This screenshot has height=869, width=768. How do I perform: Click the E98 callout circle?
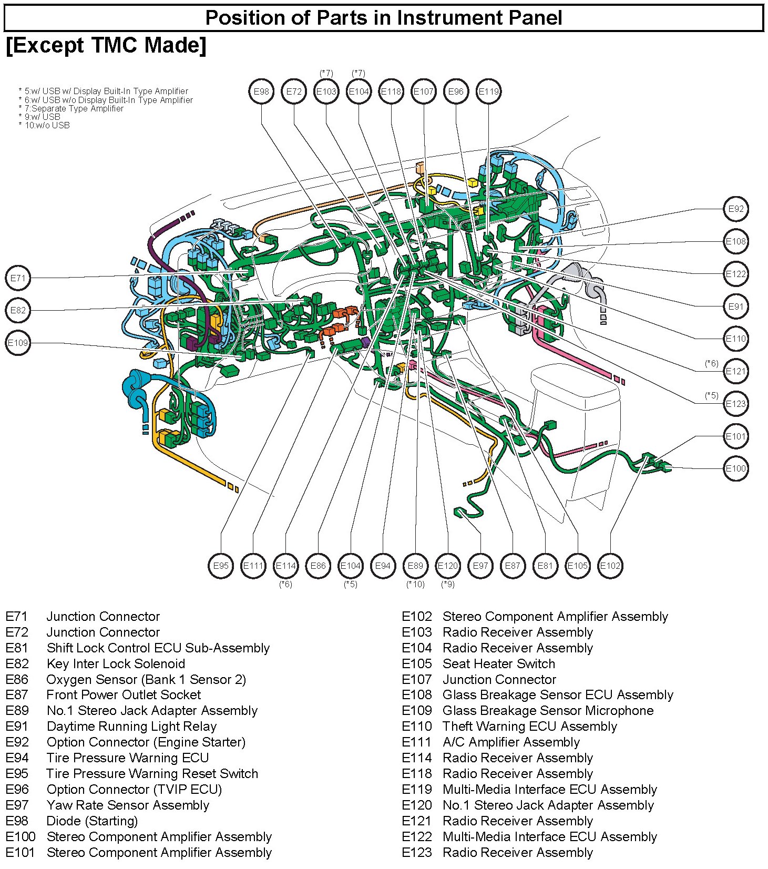click(261, 91)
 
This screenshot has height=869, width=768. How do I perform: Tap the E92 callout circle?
click(735, 209)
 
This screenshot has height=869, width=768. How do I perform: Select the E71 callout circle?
click(18, 278)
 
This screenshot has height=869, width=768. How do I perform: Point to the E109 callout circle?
click(18, 343)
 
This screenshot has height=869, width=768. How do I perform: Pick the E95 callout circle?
click(221, 566)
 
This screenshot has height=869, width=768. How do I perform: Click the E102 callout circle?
click(610, 566)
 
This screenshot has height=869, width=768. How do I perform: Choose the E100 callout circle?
click(735, 468)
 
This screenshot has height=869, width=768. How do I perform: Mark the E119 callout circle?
click(488, 91)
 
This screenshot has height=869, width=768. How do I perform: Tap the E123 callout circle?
click(735, 404)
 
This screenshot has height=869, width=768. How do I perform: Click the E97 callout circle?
click(480, 566)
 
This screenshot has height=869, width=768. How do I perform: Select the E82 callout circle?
click(18, 310)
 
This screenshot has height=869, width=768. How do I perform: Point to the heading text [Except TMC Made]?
click(106, 45)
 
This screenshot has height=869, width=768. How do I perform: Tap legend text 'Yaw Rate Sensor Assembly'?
click(128, 805)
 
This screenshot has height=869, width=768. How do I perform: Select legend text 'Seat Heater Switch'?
click(498, 663)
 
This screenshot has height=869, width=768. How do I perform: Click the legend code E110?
click(416, 726)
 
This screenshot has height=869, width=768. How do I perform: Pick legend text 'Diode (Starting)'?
click(92, 821)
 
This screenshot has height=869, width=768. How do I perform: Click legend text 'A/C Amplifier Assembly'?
click(511, 742)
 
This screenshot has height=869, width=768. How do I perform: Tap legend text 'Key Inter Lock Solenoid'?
click(116, 663)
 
